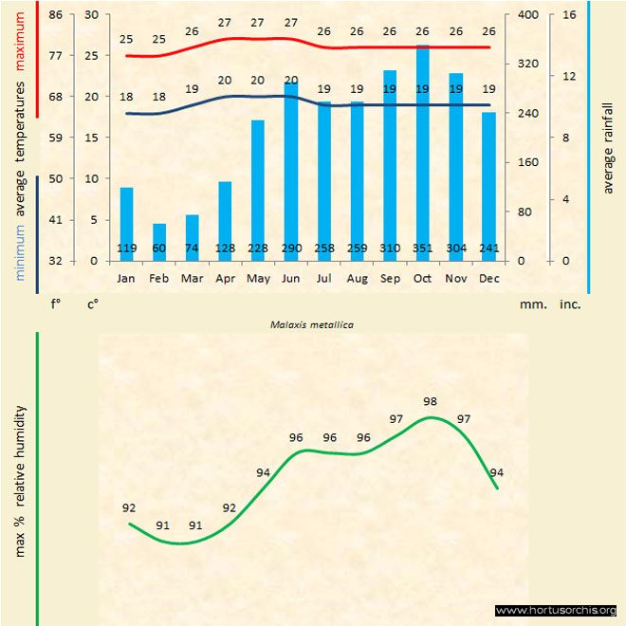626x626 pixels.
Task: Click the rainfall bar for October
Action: [423, 152]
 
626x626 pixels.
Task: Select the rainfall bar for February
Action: [159, 242]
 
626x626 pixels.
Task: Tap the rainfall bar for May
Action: [258, 190]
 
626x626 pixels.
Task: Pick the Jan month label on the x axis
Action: [126, 279]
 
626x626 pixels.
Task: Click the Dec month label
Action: [489, 279]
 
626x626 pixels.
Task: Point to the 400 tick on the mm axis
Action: [527, 15]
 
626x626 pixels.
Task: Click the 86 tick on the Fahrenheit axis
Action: [56, 15]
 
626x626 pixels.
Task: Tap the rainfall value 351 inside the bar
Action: [423, 249]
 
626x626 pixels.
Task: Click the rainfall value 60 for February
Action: [159, 249]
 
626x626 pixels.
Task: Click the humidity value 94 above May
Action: [263, 472]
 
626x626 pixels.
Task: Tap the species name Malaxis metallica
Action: [312, 324]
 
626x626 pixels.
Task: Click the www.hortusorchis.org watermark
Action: [556, 611]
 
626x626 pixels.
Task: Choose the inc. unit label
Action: [570, 305]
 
